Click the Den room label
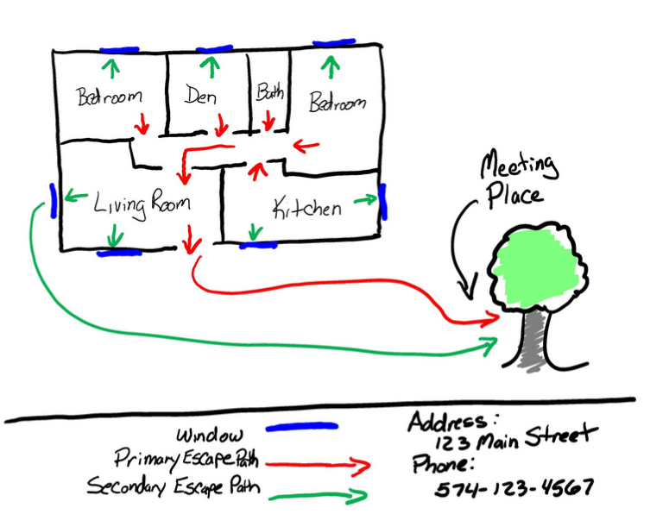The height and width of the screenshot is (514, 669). (x=200, y=96)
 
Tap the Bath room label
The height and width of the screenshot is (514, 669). (x=269, y=92)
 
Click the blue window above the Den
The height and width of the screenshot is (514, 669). (x=214, y=50)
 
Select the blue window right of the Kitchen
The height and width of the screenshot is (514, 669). (x=383, y=202)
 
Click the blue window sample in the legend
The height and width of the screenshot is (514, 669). (x=300, y=426)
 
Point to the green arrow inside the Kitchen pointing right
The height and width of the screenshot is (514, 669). (x=364, y=200)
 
